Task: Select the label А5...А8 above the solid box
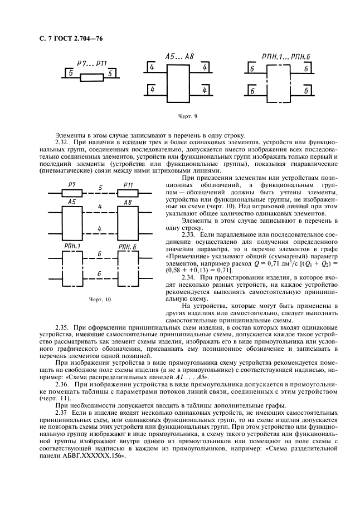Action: (179, 57)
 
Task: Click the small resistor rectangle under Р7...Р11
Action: (91, 78)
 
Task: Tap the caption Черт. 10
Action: (100, 299)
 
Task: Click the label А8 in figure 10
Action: (128, 202)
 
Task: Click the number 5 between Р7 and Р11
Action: (100, 188)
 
